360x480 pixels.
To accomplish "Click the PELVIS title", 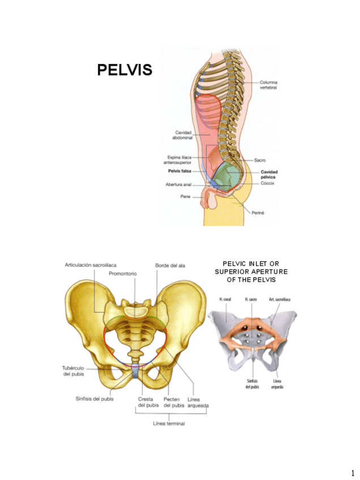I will [x=125, y=70].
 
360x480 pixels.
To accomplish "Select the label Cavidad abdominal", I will [x=183, y=135].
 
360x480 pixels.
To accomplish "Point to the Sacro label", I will [x=260, y=160].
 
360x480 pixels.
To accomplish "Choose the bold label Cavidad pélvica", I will [x=269, y=174].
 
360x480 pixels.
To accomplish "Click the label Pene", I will [x=185, y=196].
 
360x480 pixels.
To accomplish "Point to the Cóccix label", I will [x=267, y=183].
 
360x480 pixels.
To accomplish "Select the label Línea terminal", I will [x=169, y=423].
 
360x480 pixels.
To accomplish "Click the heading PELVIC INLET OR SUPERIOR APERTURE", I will [x=251, y=271].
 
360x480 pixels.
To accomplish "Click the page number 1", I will [x=352, y=472].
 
